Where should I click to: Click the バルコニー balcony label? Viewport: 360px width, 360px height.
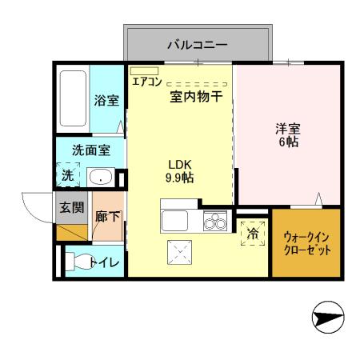197,46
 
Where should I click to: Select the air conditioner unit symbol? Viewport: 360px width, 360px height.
145,71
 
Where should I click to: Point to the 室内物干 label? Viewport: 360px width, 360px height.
195,97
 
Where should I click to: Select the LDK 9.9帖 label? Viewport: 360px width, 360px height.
179,170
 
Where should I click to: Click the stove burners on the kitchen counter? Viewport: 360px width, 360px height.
214,220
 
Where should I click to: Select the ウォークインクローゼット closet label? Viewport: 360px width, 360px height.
306,243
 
